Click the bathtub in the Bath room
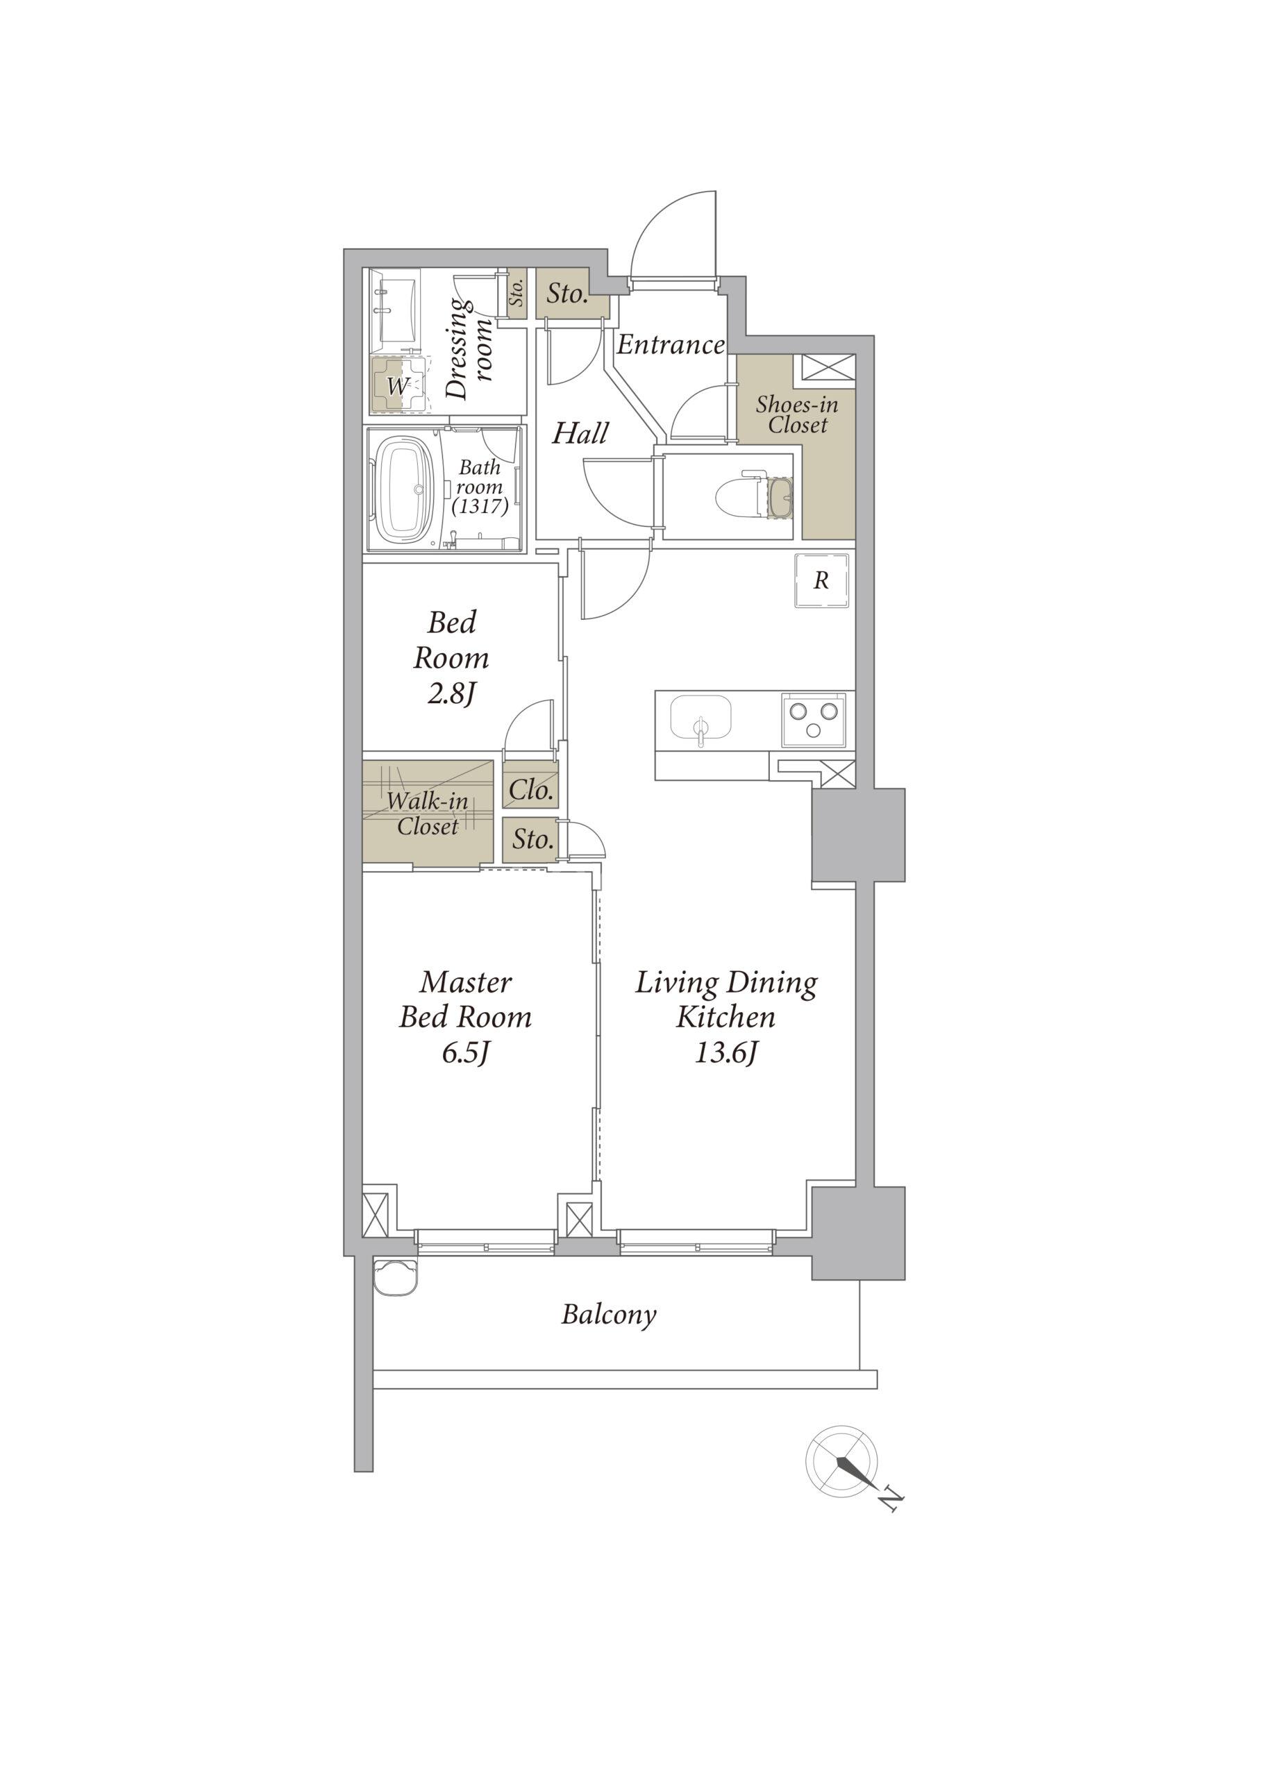point(405,491)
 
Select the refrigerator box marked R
point(821,580)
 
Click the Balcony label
point(609,1315)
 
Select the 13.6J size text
point(726,1053)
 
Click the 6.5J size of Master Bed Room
point(466,1053)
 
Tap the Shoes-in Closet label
point(796,414)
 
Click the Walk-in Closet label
point(428,814)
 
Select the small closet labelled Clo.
point(530,789)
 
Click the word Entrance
point(671,344)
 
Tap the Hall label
point(580,433)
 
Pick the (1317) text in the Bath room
point(480,506)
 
